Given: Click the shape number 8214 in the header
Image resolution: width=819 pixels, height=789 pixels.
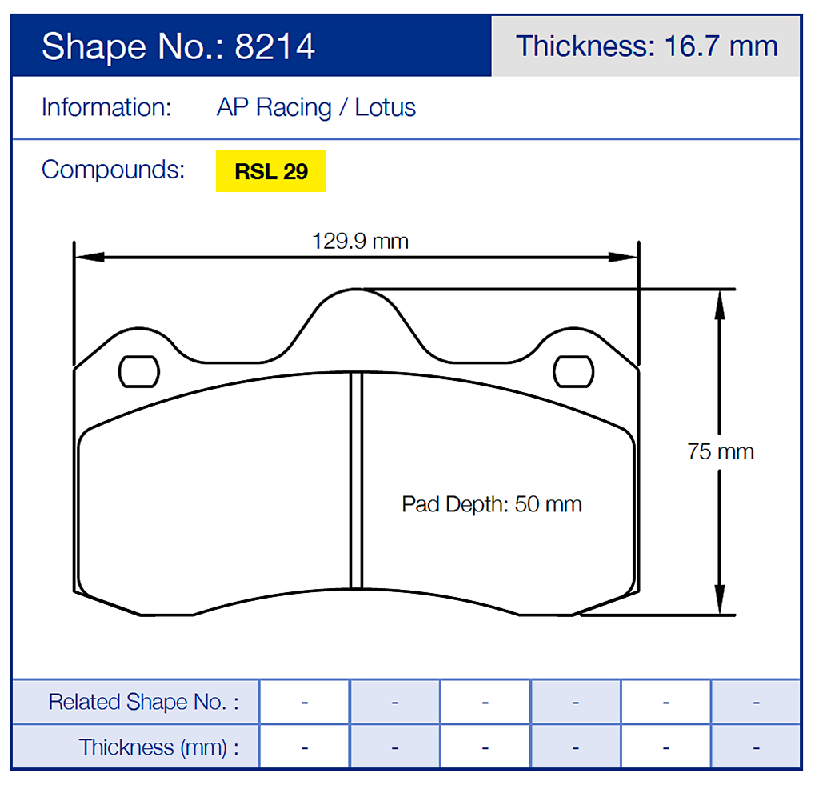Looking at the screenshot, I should click(275, 46).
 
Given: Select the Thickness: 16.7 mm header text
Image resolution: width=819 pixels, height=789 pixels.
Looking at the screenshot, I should click(646, 46).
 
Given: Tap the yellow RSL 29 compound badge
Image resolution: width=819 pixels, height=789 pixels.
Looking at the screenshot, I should click(270, 171).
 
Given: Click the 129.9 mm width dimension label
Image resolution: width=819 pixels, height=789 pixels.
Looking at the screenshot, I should click(360, 241).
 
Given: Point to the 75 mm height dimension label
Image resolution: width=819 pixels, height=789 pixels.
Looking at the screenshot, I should click(720, 451).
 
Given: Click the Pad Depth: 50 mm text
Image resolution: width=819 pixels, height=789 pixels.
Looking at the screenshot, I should click(491, 504).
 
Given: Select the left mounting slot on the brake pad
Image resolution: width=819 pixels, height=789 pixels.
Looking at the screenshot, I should click(138, 370).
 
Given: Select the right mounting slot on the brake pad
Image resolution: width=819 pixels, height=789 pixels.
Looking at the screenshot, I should click(574, 370).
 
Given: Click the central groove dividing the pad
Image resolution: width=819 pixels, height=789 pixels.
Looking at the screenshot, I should click(357, 480).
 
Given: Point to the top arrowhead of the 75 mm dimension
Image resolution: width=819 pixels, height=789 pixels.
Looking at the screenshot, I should click(720, 303).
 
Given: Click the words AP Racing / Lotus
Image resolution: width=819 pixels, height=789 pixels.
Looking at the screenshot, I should click(316, 107).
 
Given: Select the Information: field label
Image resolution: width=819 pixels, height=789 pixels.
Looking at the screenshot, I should click(106, 107).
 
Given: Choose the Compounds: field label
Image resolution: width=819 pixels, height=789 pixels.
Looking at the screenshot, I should click(113, 170).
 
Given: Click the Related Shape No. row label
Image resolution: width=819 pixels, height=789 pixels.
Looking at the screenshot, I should click(143, 702).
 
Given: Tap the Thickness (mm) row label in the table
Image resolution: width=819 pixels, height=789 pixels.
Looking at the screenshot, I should click(158, 747).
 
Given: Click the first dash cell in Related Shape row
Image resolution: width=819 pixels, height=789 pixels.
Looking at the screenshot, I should click(305, 702).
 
